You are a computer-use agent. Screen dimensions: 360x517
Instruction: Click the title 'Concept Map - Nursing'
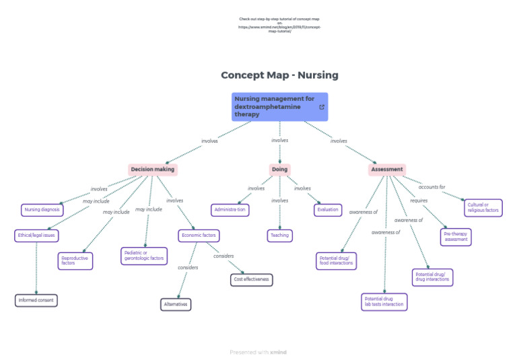point(279,75)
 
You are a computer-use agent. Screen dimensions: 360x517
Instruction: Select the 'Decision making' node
point(152,170)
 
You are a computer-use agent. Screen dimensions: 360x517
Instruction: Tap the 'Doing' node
point(279,170)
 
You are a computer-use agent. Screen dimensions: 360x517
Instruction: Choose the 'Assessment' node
point(387,170)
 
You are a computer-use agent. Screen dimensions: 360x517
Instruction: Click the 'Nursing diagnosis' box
point(42,210)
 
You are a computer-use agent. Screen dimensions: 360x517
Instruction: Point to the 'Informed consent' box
point(36,300)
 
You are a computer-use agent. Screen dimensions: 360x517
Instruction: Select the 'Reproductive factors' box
point(75,260)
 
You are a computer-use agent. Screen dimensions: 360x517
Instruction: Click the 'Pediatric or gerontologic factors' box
point(144,256)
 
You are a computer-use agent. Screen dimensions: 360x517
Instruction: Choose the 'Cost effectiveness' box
point(251,279)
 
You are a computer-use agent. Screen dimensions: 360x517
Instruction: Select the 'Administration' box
point(230,210)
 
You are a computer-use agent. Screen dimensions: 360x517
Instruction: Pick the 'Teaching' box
point(279,236)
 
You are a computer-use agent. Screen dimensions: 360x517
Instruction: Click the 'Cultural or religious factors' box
point(483,208)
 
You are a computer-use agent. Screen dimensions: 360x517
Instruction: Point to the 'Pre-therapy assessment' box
point(456,236)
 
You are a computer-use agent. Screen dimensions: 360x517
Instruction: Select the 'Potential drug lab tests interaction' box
point(384,301)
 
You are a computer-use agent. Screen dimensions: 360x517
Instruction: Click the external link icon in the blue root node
point(321,107)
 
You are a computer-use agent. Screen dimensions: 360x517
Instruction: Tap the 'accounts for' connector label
point(432,187)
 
